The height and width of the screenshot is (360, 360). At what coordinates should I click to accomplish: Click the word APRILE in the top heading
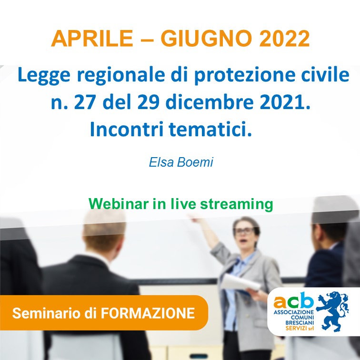pos(92,39)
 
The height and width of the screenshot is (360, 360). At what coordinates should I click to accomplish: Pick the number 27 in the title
pos(85,103)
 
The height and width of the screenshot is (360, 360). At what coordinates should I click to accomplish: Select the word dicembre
pos(210,103)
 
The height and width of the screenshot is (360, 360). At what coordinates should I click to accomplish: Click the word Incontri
pos(127,129)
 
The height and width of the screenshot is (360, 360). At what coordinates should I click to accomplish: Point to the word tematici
pos(210,129)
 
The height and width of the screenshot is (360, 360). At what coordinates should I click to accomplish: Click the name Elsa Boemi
pos(181,162)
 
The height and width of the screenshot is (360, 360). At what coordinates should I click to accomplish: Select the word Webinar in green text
pos(119,204)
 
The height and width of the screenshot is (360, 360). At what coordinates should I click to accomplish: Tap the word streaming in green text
pos(237,204)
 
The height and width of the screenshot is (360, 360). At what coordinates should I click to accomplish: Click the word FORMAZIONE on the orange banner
pos(148,313)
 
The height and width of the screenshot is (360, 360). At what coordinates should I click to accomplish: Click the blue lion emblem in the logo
pos(333,311)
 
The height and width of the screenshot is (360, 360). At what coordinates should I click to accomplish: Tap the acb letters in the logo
pos(293,300)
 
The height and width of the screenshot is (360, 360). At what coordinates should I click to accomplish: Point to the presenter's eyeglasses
pos(244,231)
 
